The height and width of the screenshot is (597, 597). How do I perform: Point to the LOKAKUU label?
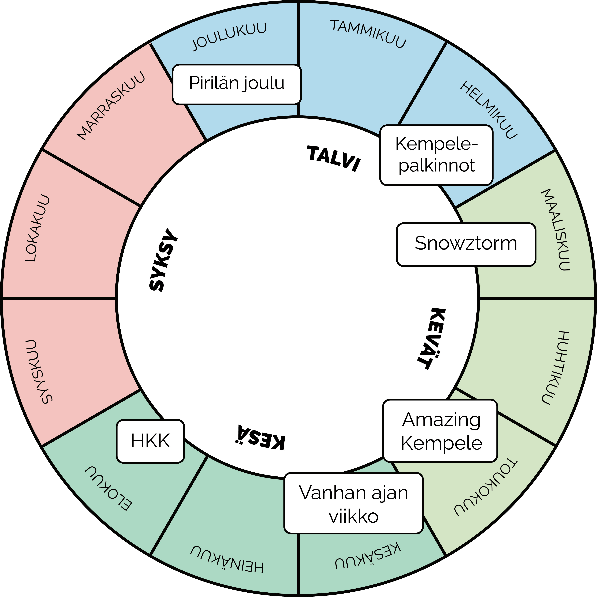(x=37, y=228)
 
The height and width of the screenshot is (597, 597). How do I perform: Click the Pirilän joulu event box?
(x=236, y=84)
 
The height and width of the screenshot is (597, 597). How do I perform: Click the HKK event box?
(x=150, y=441)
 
